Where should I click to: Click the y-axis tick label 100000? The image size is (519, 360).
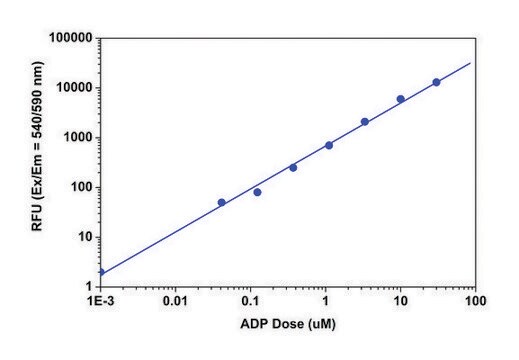point(68,38)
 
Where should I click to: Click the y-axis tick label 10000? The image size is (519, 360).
point(72,88)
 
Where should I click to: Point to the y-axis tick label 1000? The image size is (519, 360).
point(75,137)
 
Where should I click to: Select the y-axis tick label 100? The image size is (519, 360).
point(79,187)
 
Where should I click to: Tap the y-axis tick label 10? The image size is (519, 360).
point(83,237)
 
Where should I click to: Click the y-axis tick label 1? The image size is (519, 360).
point(87,287)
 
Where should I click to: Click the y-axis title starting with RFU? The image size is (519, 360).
point(38,163)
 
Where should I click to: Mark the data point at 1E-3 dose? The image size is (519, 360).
point(101,272)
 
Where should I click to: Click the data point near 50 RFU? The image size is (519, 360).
point(221,202)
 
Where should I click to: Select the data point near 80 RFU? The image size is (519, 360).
point(257,192)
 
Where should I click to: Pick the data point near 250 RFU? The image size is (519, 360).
point(293,167)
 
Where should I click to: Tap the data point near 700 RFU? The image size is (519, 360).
point(329,145)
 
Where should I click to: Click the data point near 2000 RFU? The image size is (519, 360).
point(365,122)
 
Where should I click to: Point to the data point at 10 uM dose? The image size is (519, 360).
point(400,99)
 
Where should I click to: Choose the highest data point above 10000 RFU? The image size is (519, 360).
point(436,82)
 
